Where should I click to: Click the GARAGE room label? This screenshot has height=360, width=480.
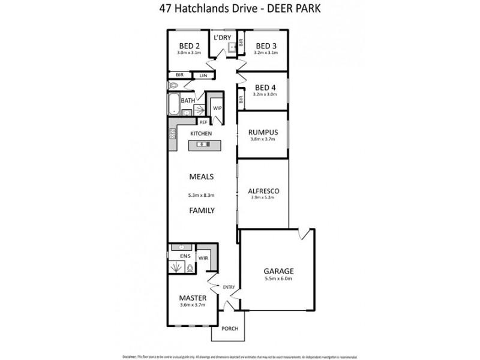(x=277, y=271)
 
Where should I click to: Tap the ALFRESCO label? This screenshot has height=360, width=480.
(x=264, y=191)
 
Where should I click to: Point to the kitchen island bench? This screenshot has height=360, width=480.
(x=204, y=145)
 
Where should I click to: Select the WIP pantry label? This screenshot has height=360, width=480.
(x=217, y=108)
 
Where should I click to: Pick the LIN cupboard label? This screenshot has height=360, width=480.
(x=203, y=75)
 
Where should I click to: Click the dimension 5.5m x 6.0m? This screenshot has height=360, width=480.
(x=277, y=279)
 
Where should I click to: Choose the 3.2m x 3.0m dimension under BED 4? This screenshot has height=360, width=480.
(x=264, y=94)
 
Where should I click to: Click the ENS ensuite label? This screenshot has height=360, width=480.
(x=177, y=256)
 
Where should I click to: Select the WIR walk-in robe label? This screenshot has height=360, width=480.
(x=203, y=259)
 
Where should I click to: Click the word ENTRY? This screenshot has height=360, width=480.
(x=229, y=287)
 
